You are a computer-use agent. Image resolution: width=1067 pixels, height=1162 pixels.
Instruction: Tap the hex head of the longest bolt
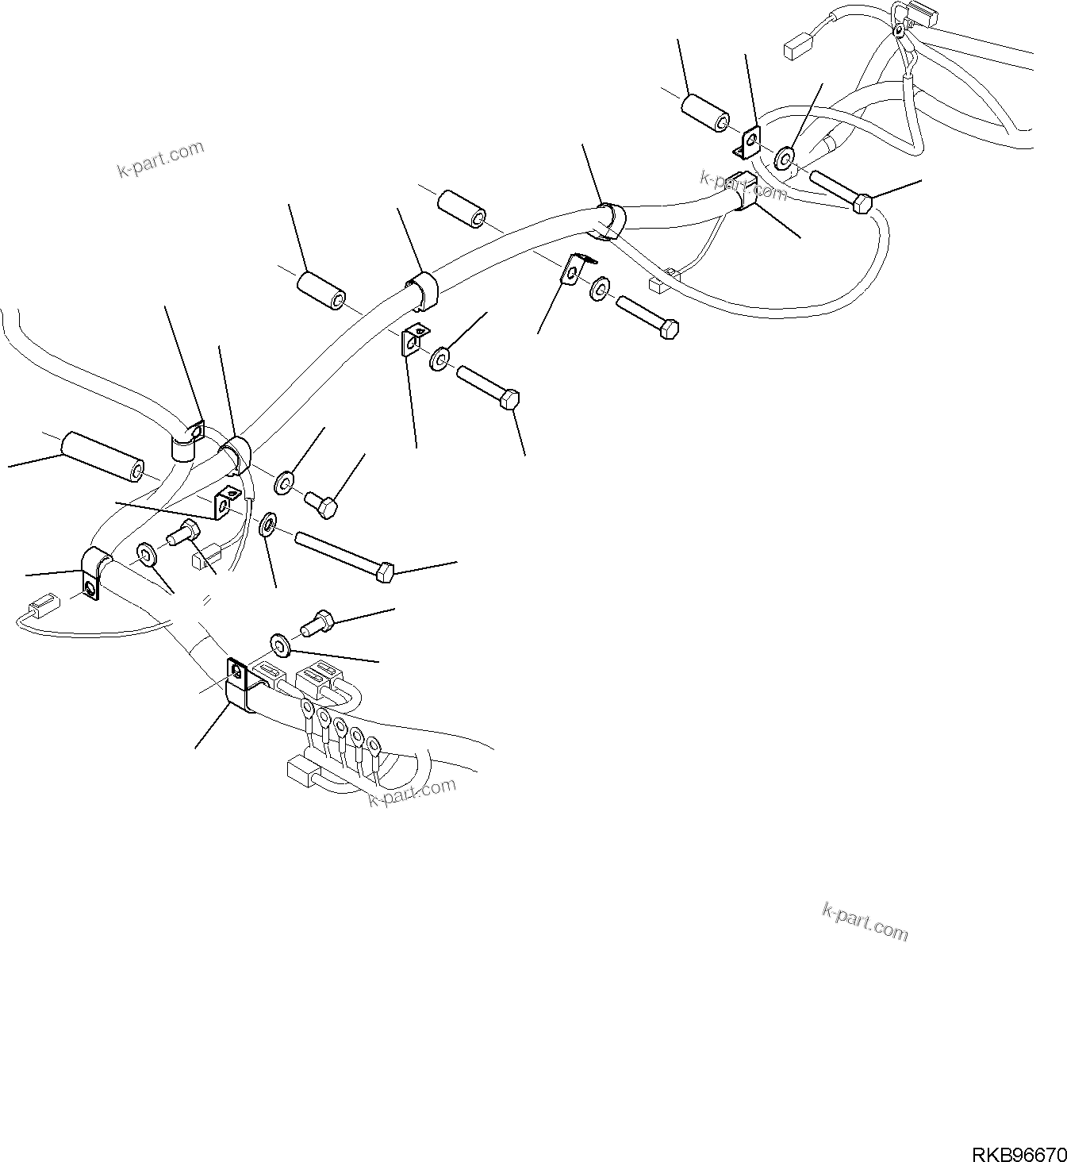pos(386,571)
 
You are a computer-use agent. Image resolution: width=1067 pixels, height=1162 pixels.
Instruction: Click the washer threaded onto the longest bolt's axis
pos(268,525)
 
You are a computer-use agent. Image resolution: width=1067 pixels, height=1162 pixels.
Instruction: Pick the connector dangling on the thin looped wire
pos(40,610)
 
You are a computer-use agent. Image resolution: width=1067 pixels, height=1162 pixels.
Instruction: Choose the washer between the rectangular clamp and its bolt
pos(279,641)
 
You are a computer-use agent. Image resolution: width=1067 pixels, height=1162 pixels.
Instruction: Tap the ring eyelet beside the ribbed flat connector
pos(899,31)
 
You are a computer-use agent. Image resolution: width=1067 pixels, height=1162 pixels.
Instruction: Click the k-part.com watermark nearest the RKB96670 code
pos(865,923)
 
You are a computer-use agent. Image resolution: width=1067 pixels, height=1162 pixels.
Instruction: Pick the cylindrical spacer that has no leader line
pos(466,209)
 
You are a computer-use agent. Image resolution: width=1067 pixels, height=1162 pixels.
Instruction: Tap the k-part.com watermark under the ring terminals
pos(412,792)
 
